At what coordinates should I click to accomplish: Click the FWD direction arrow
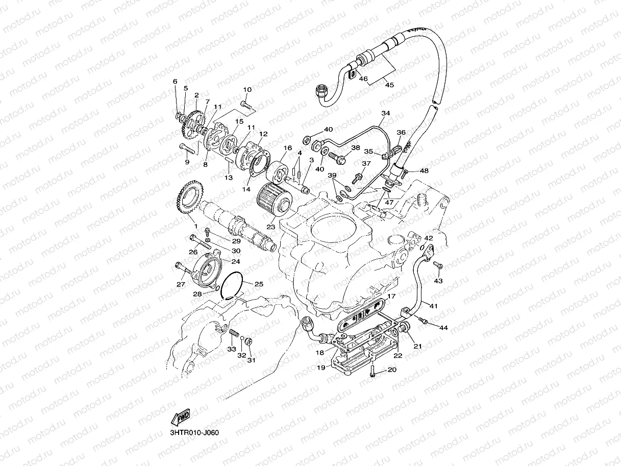(x=181, y=418)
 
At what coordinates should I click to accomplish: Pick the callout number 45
(x=389, y=85)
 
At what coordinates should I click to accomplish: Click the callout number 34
(x=385, y=113)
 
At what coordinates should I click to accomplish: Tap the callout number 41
(x=434, y=306)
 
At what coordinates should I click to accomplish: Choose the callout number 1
(x=195, y=225)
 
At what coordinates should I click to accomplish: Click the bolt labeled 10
(x=247, y=105)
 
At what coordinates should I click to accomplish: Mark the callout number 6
(x=175, y=82)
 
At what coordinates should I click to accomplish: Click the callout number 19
(x=320, y=366)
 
